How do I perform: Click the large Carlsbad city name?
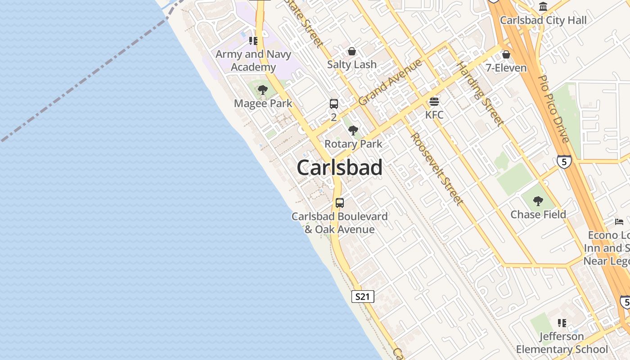pos(340,168)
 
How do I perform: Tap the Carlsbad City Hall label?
pos(543,20)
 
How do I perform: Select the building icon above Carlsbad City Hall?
pos(543,7)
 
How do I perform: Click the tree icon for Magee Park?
pos(263,90)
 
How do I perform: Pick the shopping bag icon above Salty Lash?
pos(352,51)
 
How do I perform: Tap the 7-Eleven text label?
pos(506,68)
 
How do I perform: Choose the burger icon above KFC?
pos(434,101)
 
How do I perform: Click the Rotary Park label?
pos(353,144)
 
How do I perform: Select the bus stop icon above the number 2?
pos(333,104)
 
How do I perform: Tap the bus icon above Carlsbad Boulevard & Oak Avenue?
pos(340,202)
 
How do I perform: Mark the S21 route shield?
pos(362,297)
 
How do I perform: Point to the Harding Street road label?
pos(480,94)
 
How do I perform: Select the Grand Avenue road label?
pos(390,82)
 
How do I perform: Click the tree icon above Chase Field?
pos(538,201)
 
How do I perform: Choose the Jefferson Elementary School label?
pos(562,343)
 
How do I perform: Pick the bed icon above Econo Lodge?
pos(620,221)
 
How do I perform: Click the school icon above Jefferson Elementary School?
pos(562,323)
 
